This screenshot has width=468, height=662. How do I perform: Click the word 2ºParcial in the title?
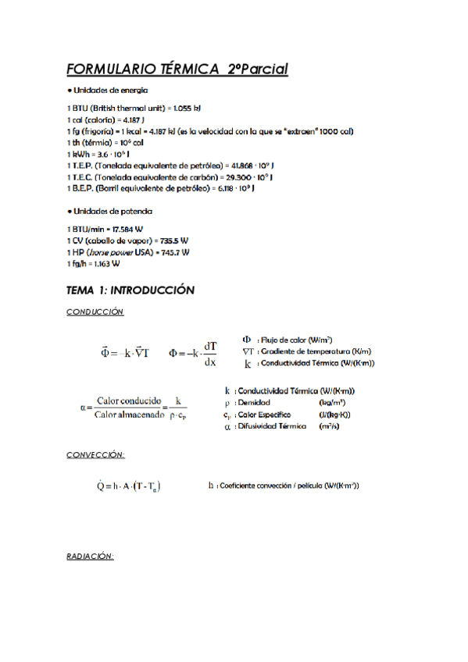click(x=258, y=69)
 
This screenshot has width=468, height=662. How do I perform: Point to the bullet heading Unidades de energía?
click(x=109, y=91)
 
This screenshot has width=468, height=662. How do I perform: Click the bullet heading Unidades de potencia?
click(x=110, y=211)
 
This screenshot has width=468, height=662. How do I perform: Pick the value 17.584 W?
click(x=127, y=229)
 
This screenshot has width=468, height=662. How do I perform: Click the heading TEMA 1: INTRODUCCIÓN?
click(x=130, y=290)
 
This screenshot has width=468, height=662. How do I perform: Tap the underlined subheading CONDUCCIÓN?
click(x=95, y=312)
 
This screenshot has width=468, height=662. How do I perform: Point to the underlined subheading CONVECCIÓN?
click(x=96, y=454)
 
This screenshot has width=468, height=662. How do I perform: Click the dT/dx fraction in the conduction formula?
click(x=209, y=353)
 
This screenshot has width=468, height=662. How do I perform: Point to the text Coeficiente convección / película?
click(x=266, y=486)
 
